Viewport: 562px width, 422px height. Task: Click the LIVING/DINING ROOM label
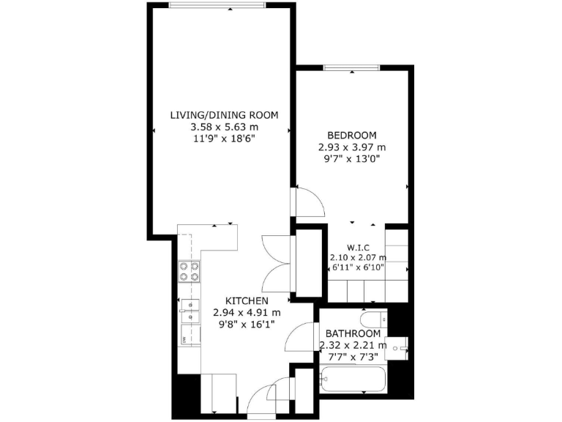[224, 115]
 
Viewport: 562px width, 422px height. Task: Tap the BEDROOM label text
[351, 136]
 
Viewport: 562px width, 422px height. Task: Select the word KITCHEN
[246, 301]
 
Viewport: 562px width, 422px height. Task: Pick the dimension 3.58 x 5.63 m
[224, 126]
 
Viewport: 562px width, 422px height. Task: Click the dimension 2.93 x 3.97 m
[351, 147]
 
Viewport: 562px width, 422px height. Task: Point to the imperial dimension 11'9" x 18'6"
[224, 138]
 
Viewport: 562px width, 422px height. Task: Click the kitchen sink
[190, 311]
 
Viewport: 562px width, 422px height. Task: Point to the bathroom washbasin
[399, 348]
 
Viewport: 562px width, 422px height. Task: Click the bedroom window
[352, 68]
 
